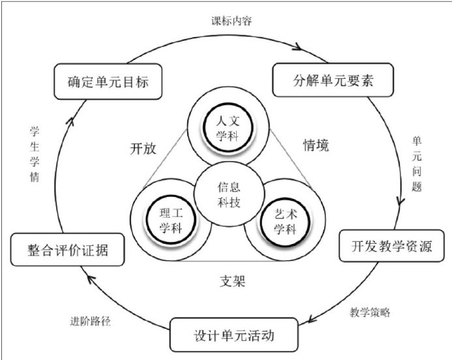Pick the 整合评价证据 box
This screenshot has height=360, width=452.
[68, 250]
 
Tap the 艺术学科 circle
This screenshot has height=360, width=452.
[284, 219]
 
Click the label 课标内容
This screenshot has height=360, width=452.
[230, 20]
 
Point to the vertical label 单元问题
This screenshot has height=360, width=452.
[417, 163]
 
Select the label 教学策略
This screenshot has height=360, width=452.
[370, 312]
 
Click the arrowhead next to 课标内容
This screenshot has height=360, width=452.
[299, 47]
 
